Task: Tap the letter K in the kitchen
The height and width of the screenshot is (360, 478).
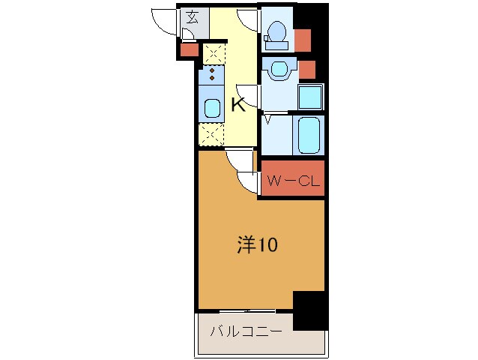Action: point(238,105)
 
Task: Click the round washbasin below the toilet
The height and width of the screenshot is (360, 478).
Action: point(279,70)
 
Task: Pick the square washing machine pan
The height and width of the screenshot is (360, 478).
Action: point(311,97)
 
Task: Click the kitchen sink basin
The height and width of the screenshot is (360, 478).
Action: point(212,107)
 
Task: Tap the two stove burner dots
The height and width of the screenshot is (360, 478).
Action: point(212,73)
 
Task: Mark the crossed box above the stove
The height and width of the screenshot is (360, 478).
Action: point(213,53)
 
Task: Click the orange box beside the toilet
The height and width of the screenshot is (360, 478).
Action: point(303,38)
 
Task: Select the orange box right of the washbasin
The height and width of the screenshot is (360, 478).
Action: point(307,69)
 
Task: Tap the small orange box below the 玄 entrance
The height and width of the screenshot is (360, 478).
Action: point(189,50)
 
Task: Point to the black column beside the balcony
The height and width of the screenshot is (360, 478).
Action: point(310,310)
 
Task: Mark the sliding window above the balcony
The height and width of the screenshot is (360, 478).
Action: point(246,310)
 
